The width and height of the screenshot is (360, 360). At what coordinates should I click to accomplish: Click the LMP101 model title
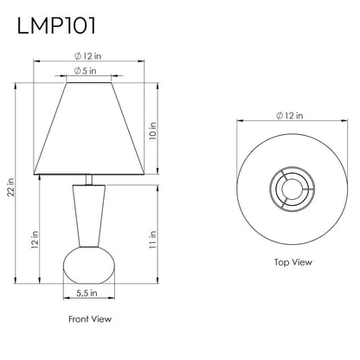pyautogui.click(x=56, y=26)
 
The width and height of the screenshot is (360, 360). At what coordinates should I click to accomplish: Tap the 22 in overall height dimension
pyautogui.click(x=10, y=187)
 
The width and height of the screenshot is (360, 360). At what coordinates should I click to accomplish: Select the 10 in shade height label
pyautogui.click(x=152, y=131)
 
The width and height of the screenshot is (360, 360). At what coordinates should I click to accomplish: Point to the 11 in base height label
pyautogui.click(x=152, y=240)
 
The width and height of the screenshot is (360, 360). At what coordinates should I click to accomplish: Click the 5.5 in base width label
pyautogui.click(x=87, y=293)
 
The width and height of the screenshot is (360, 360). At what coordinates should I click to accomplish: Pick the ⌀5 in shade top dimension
pyautogui.click(x=86, y=71)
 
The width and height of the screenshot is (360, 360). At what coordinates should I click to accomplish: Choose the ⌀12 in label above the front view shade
pyautogui.click(x=88, y=56)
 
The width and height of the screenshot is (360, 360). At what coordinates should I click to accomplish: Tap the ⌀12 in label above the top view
pyautogui.click(x=290, y=116)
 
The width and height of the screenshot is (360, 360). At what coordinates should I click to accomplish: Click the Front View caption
pyautogui.click(x=90, y=319)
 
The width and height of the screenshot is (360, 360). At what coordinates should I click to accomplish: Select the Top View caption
pyautogui.click(x=293, y=262)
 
